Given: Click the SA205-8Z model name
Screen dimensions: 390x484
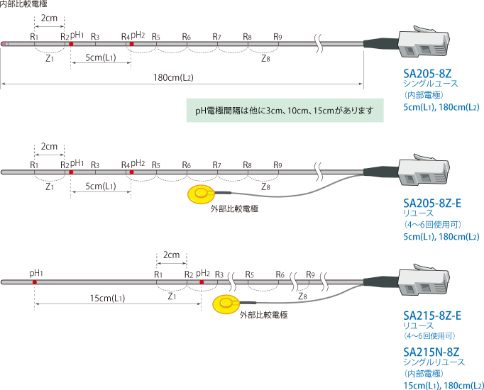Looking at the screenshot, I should (x=427, y=73).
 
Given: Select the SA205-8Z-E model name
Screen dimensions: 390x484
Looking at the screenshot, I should (x=432, y=204).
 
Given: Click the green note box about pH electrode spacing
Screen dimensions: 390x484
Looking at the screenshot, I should (x=284, y=111).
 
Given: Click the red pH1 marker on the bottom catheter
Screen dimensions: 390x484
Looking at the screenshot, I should (x=35, y=282).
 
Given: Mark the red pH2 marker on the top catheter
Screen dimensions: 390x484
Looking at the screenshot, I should (x=131, y=44).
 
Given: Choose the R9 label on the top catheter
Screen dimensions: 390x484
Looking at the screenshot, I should (x=278, y=36).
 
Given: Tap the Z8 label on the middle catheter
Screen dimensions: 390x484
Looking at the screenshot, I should (x=265, y=188).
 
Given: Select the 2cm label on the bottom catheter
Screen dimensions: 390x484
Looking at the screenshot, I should (x=171, y=254).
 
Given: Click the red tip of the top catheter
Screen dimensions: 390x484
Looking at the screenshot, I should (x=4, y=44).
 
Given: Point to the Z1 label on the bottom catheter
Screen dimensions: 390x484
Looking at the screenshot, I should (x=171, y=298).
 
